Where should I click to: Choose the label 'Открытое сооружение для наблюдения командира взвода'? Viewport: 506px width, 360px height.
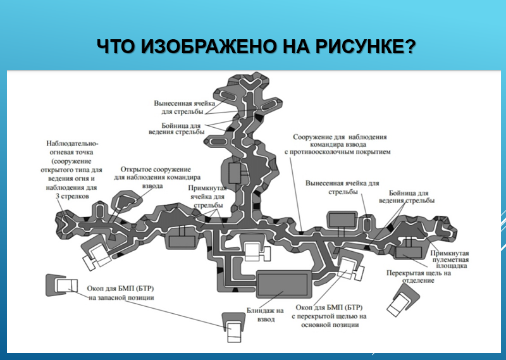click(x=156, y=178)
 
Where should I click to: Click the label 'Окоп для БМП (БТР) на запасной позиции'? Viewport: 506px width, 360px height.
click(x=120, y=293)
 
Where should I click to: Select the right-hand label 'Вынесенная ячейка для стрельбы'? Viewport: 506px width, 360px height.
click(x=342, y=187)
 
